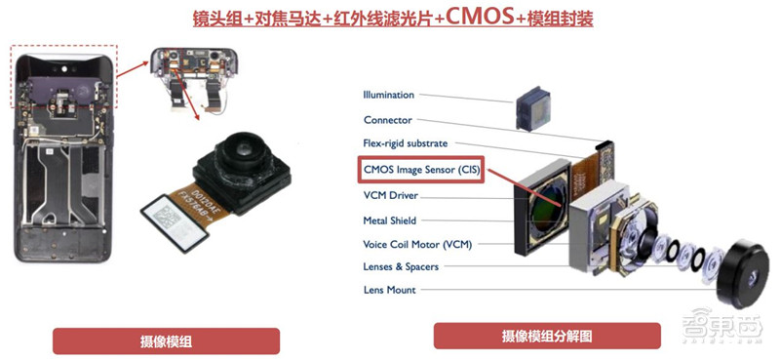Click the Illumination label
pyautogui.click(x=388, y=95)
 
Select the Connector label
pyautogui.click(x=387, y=120)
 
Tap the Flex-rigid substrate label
pyautogui.click(x=405, y=144)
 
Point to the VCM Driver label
pyautogui.click(x=390, y=195)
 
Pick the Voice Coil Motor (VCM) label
pyautogui.click(x=417, y=244)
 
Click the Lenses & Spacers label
pyautogui.click(x=401, y=267)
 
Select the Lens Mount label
pyautogui.click(x=389, y=290)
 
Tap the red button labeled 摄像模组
pyautogui.click(x=165, y=340)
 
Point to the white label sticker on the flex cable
pyautogui.click(x=178, y=211)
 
